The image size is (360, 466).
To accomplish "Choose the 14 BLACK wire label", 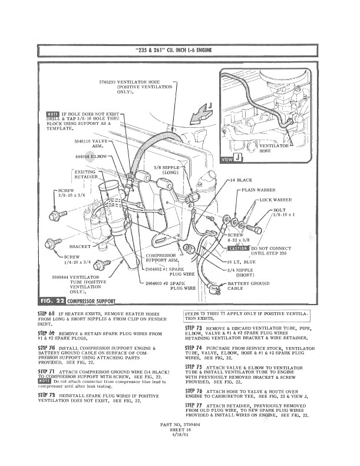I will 242,179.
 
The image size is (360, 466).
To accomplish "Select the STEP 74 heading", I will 193,348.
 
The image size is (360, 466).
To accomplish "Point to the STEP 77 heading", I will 193,406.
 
